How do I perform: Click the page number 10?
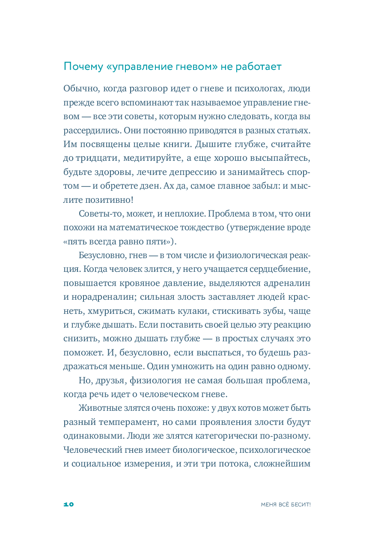pyautogui.click(x=68, y=505)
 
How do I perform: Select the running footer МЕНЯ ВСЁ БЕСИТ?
pyautogui.click(x=286, y=505)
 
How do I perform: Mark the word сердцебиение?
pyautogui.click(x=280, y=269)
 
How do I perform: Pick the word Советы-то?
pyautogui.click(x=100, y=214)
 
